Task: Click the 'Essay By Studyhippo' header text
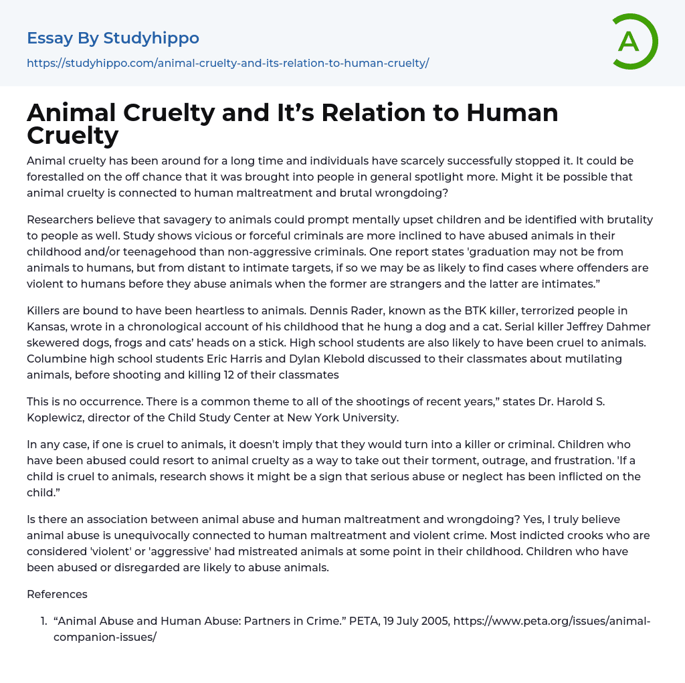coord(113,38)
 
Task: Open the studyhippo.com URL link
coord(227,63)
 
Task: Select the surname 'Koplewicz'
coord(58,417)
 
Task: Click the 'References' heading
coord(57,594)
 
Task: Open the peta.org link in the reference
coord(552,621)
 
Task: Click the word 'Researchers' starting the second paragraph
coord(60,219)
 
